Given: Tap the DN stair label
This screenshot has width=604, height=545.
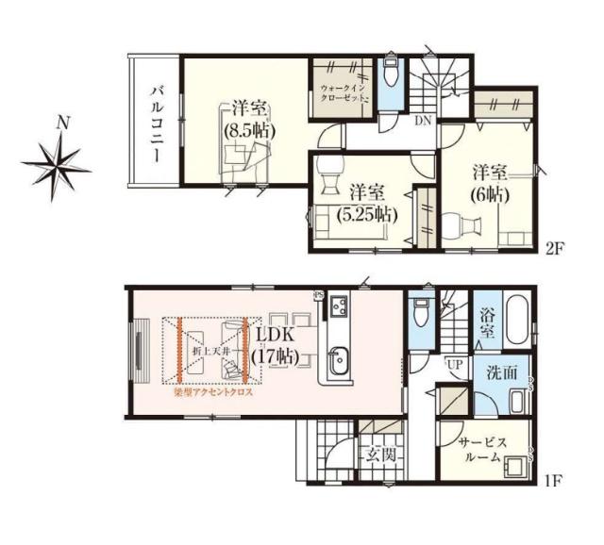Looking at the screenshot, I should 424,121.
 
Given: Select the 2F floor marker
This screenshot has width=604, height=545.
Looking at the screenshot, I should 553,252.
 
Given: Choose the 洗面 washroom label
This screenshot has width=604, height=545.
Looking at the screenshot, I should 502,372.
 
